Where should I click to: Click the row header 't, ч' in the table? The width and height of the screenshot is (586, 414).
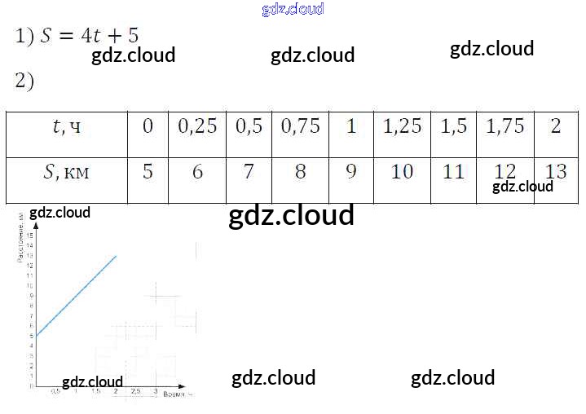click(66, 127)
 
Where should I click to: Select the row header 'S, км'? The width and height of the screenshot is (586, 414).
click(66, 172)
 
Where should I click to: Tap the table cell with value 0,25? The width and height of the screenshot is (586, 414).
click(197, 127)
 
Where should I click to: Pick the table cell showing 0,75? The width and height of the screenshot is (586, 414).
click(301, 127)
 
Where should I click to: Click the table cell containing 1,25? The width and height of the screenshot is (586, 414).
click(403, 127)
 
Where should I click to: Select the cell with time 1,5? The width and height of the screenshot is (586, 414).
click(454, 127)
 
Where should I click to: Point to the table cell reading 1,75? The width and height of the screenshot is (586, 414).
click(505, 127)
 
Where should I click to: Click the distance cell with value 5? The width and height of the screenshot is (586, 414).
click(148, 172)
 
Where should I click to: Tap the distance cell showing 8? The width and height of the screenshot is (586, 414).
click(301, 172)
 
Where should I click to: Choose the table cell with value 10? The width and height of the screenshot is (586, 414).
click(403, 172)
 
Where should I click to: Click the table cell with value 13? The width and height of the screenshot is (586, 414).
click(556, 172)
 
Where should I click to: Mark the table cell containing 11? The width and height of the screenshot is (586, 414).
click(454, 172)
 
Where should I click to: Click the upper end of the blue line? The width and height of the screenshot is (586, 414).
click(117, 256)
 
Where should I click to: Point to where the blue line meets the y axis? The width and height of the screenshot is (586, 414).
click(37, 337)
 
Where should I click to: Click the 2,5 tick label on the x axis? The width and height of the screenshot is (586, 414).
click(135, 392)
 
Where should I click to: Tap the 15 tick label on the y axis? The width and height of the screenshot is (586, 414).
click(30, 236)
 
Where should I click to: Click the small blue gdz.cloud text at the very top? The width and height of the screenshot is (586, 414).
click(293, 9)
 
